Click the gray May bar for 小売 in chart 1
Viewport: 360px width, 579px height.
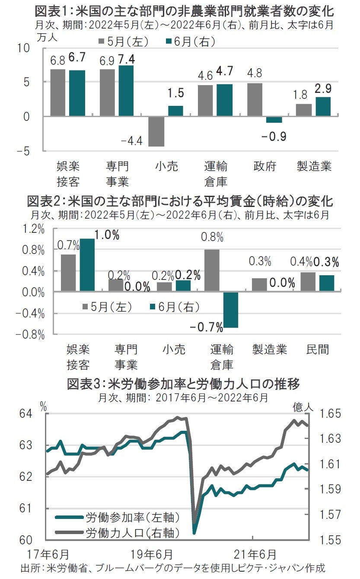point(156,131)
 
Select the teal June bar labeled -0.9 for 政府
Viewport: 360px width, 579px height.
point(274,120)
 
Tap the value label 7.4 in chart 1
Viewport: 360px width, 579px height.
point(126,58)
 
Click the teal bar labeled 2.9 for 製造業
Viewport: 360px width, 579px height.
point(323,106)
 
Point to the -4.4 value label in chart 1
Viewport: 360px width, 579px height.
point(131,140)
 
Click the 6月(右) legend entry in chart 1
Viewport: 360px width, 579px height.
point(190,41)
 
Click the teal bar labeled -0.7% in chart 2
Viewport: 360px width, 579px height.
point(231,310)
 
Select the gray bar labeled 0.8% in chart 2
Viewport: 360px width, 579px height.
point(211,271)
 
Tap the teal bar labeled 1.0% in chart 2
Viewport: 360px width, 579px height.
point(87,265)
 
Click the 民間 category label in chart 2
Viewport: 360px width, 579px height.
point(318,350)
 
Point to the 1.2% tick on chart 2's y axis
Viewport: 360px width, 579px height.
point(35,229)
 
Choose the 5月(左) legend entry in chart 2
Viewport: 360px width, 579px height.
point(107,307)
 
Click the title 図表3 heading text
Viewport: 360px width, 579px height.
point(183,384)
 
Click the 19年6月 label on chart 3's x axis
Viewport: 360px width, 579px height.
point(152,554)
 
